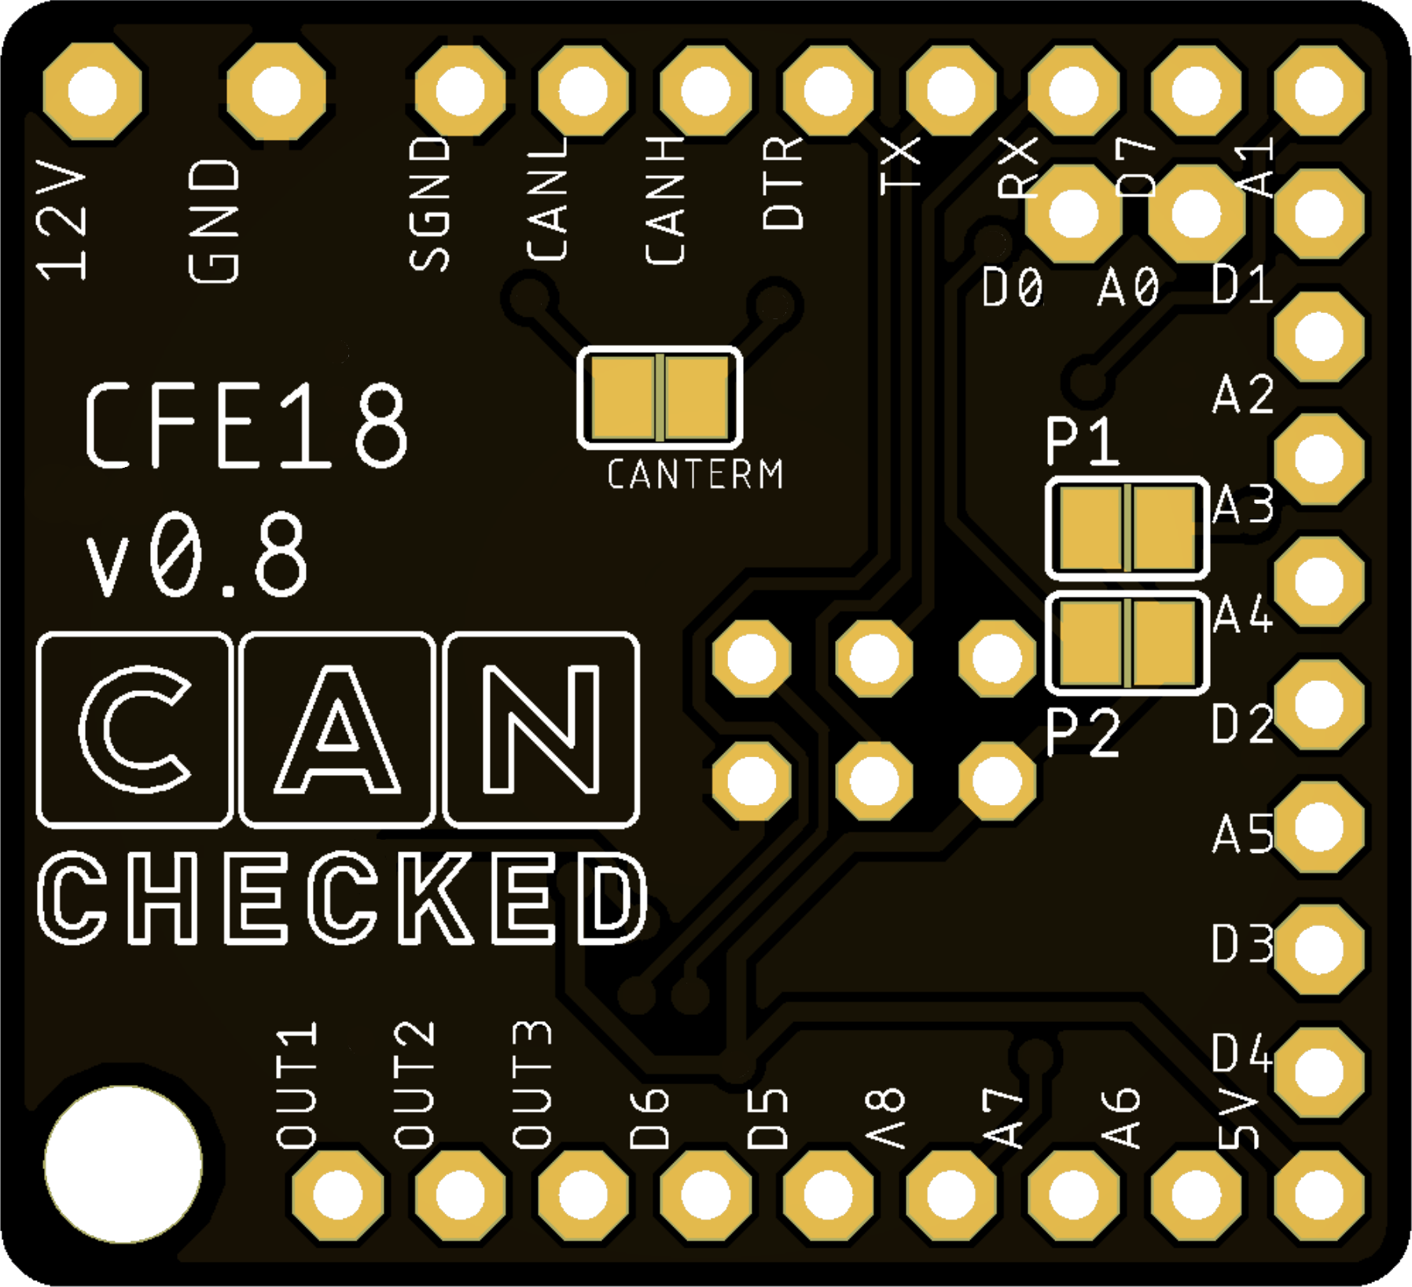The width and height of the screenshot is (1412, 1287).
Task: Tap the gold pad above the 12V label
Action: (93, 90)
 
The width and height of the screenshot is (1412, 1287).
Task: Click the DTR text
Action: (784, 182)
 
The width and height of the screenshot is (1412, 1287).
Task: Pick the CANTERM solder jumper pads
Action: (660, 397)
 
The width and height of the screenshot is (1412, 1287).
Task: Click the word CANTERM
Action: (695, 474)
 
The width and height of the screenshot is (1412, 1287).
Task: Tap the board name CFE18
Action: (246, 427)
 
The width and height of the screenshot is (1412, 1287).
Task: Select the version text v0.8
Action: (197, 555)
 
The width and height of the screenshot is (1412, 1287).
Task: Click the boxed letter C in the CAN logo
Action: (134, 730)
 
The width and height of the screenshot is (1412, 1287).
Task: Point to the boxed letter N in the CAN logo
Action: (541, 730)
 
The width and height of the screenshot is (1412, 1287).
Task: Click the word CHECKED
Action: (343, 899)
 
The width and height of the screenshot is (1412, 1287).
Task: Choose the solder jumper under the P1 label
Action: (1127, 528)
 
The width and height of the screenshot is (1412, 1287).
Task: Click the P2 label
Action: (1084, 733)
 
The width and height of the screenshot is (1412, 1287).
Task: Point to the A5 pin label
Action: (1243, 834)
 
